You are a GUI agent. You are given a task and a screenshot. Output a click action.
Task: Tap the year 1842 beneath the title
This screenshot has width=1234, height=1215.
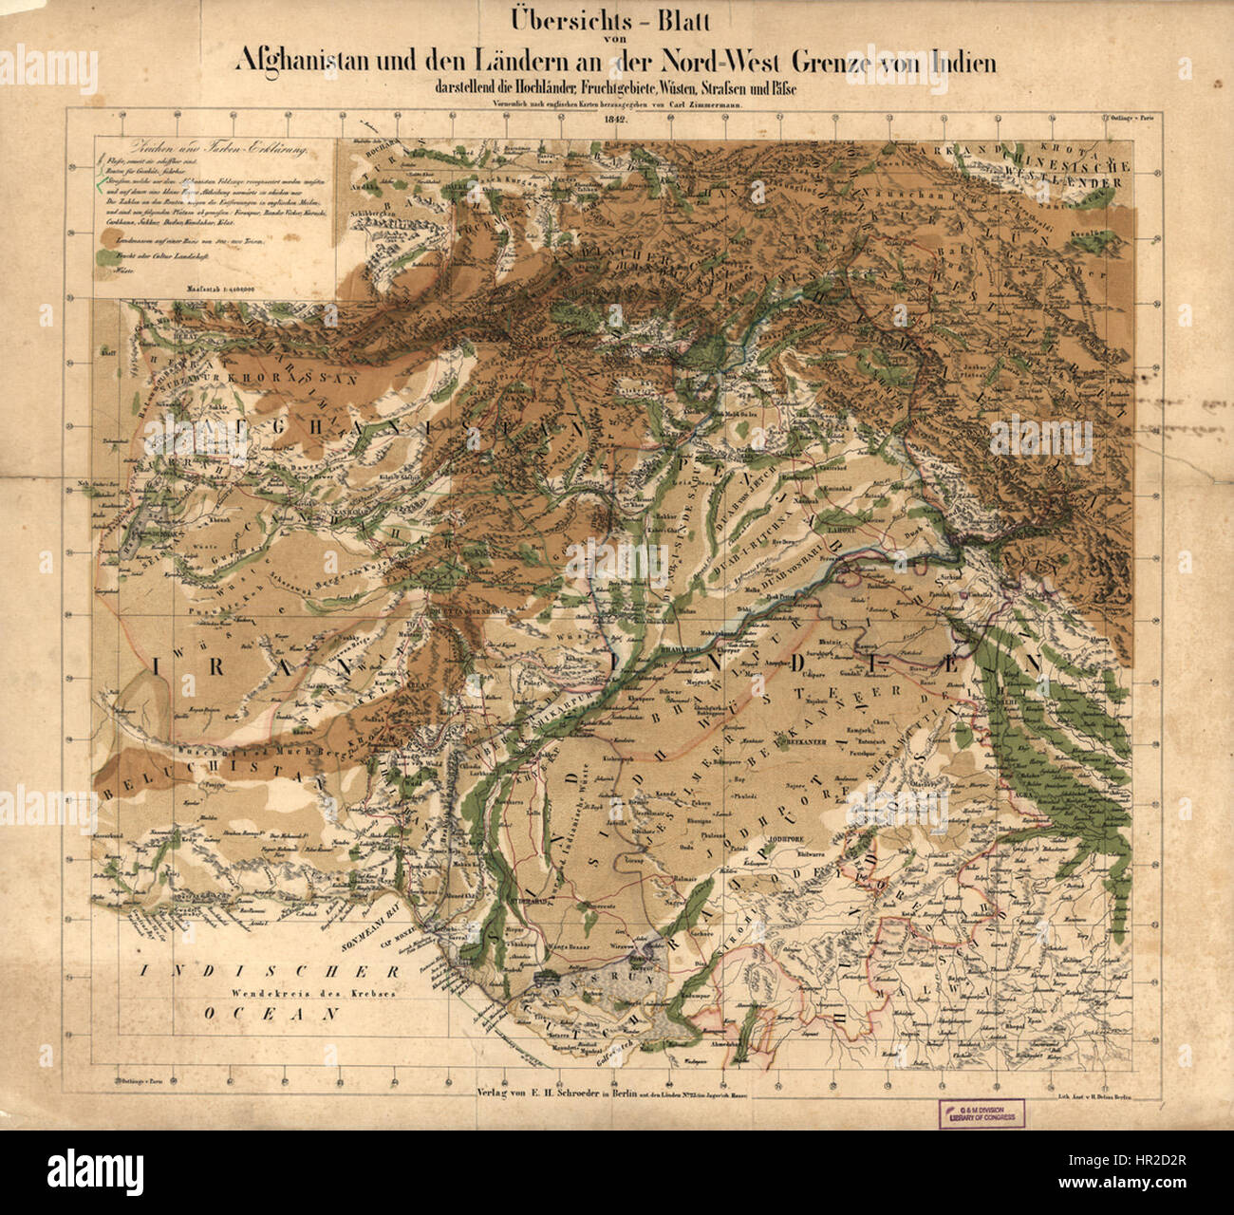pyautogui.click(x=617, y=119)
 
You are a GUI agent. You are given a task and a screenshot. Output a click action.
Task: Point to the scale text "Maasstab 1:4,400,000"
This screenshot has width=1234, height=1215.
pyautogui.click(x=218, y=281)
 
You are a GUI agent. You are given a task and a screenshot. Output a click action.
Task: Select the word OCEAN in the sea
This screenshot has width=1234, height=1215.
pyautogui.click(x=271, y=1013)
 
